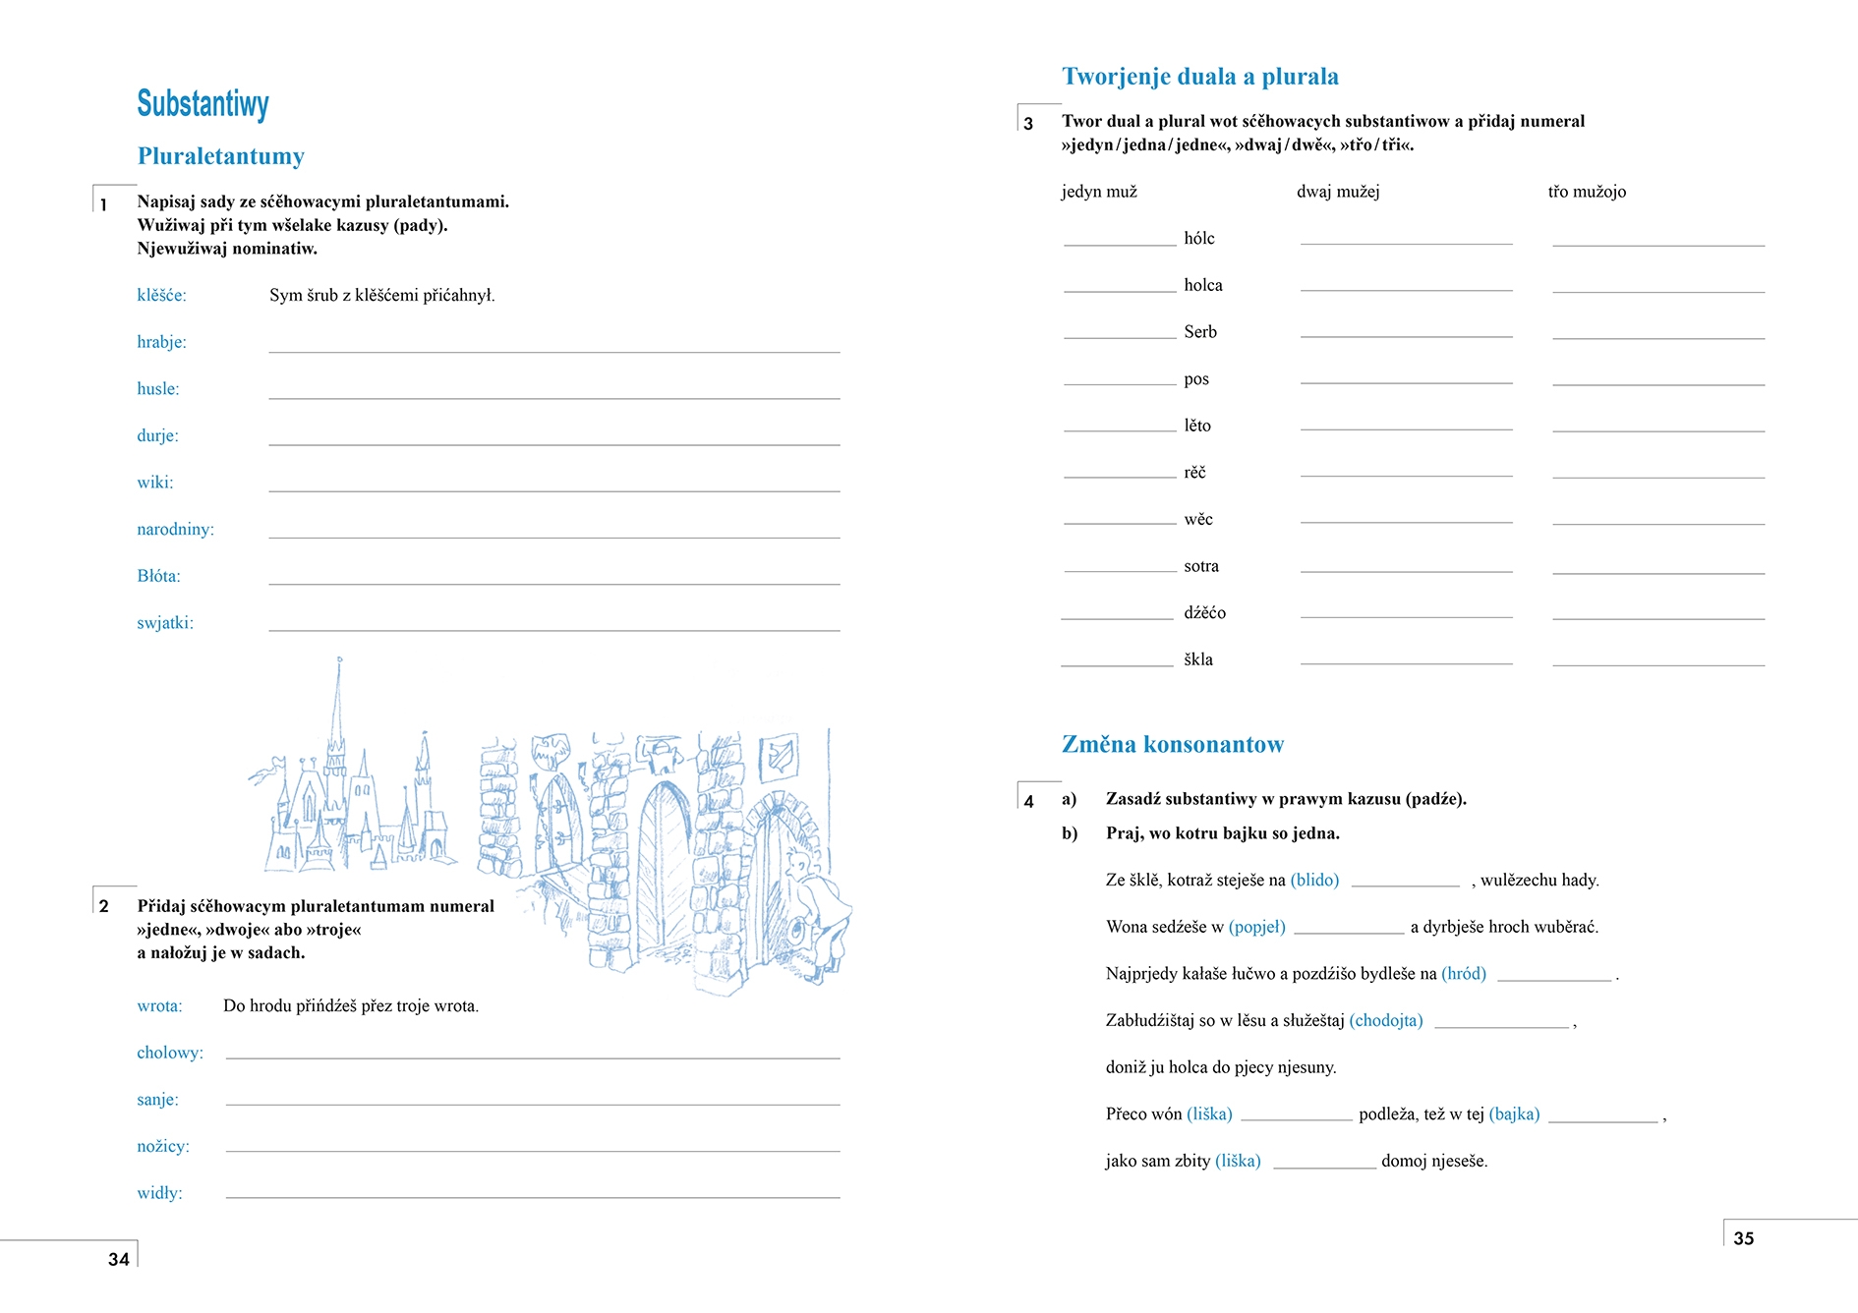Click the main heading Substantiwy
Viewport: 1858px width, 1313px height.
203,103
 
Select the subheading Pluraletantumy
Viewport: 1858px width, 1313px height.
221,156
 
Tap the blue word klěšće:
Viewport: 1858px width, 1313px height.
161,295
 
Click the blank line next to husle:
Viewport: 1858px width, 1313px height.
553,393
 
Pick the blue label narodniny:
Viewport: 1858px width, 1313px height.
175,529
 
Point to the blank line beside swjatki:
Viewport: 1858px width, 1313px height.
553,626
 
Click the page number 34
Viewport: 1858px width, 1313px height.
119,1259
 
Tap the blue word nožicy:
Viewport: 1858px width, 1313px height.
163,1146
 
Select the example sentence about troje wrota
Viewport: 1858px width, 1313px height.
351,1005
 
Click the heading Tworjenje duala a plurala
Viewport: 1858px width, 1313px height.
1199,77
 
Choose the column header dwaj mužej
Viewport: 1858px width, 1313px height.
1338,192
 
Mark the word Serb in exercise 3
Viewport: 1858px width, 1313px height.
1200,332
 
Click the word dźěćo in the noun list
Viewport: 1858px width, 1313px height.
1204,612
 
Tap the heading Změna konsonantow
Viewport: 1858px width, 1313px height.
1172,745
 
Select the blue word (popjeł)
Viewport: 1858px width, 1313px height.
1256,927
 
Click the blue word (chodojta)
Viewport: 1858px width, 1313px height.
1385,1020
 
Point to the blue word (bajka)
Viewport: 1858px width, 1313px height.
1514,1113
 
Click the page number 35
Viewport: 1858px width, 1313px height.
1743,1238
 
